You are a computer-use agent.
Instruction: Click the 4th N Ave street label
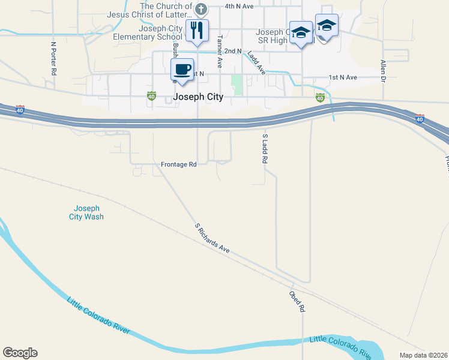pos(240,6)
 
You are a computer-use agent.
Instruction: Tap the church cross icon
pos(201,9)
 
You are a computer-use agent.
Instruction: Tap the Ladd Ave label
pos(256,62)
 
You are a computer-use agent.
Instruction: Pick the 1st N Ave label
pos(343,77)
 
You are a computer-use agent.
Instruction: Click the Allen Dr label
pos(382,70)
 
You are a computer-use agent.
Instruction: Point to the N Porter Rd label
pos(54,58)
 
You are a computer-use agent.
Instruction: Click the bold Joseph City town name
pos(197,97)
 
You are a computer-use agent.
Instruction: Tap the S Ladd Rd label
pos(264,150)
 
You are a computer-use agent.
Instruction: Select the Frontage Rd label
pos(179,164)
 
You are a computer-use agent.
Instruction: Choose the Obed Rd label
pos(297,302)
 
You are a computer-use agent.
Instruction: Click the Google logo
pos(20,353)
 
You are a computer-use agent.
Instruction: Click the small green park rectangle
pos(237,85)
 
